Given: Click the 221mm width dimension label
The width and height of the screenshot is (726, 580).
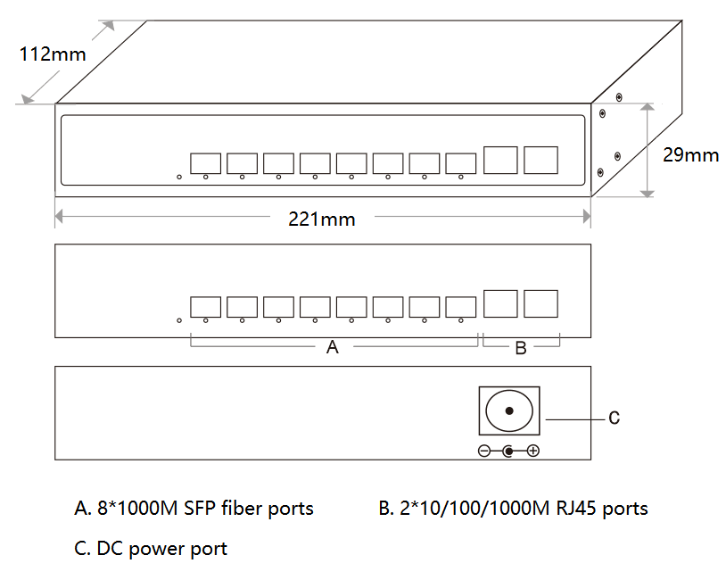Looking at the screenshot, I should point(321,219).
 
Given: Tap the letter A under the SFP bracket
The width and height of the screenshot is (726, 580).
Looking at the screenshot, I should point(333,348).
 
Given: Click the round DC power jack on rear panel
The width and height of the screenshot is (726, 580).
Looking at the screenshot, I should point(509,411).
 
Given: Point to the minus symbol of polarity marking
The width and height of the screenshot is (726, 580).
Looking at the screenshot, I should point(484,452).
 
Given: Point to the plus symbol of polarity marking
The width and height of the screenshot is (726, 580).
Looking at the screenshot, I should point(533,452).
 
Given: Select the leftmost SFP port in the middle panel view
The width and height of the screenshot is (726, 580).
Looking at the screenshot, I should point(205,306).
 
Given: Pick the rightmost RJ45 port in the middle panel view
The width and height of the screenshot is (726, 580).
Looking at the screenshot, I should point(540,302).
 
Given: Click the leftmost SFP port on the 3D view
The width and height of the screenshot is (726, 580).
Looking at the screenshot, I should point(205,163).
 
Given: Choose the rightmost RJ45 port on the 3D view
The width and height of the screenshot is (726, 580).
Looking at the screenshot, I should point(540,160).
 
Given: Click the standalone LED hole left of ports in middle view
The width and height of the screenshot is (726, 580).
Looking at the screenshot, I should point(179,320).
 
